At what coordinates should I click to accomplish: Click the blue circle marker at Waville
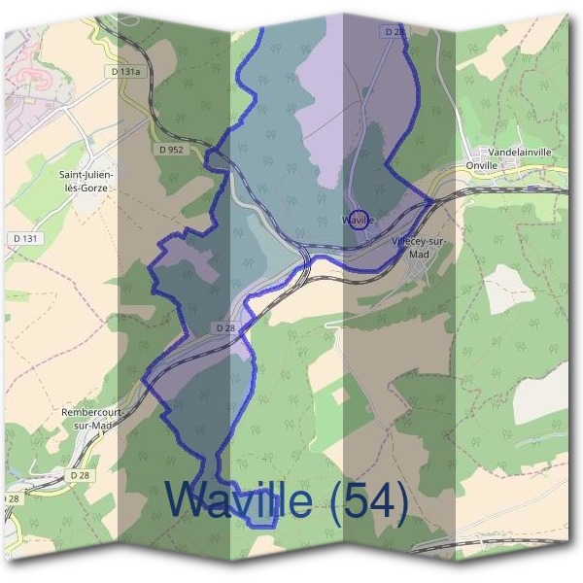pyautogui.click(x=359, y=219)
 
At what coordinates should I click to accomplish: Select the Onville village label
pyautogui.click(x=482, y=165)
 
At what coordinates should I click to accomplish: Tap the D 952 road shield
pyautogui.click(x=170, y=150)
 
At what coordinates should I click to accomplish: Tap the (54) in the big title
pyautogui.click(x=367, y=500)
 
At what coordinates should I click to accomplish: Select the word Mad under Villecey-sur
pyautogui.click(x=419, y=254)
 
